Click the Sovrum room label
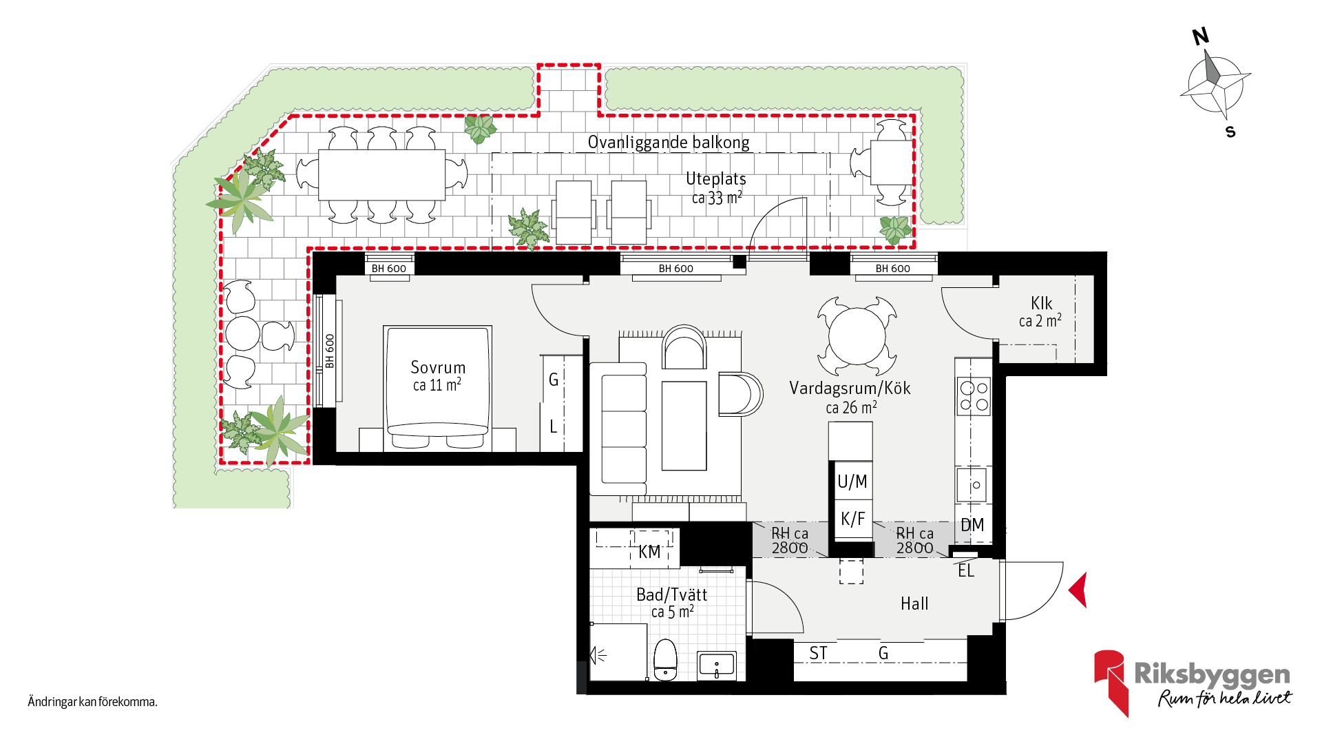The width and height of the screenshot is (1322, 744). tap(438, 367)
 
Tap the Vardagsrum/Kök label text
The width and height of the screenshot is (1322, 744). tap(850, 389)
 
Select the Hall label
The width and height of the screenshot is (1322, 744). tap(914, 603)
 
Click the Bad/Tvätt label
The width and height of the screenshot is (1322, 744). tap(671, 595)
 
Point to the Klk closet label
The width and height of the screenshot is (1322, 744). tap(1041, 303)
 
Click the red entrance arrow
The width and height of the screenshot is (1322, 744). tap(1078, 590)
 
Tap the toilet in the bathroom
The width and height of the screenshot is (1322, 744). tap(665, 660)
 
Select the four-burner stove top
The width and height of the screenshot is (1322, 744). tap(974, 396)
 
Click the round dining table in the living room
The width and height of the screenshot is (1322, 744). tap(857, 336)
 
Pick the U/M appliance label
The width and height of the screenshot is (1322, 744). tap(852, 482)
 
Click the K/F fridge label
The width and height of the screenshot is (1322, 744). tap(852, 518)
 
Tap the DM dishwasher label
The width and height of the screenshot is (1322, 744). tap(972, 525)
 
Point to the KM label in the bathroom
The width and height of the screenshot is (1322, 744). tap(649, 552)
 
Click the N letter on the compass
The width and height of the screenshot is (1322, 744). tap(1201, 37)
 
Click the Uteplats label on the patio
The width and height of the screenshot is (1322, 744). tap(716, 179)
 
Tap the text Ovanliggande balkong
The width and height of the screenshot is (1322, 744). tap(669, 143)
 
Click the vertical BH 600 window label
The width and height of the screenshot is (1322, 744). tap(330, 351)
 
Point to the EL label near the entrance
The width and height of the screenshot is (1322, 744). tap(966, 570)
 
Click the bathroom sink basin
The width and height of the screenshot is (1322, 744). tap(717, 665)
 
